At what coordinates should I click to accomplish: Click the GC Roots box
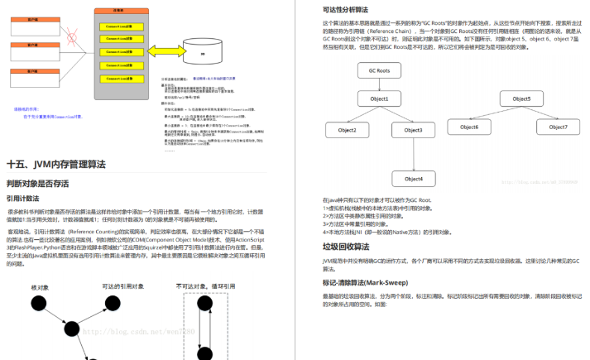pos(379,71)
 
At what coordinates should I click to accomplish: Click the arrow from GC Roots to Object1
pos(379,85)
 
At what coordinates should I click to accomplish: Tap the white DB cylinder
pos(203,50)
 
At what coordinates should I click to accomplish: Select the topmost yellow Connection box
pos(115,26)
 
